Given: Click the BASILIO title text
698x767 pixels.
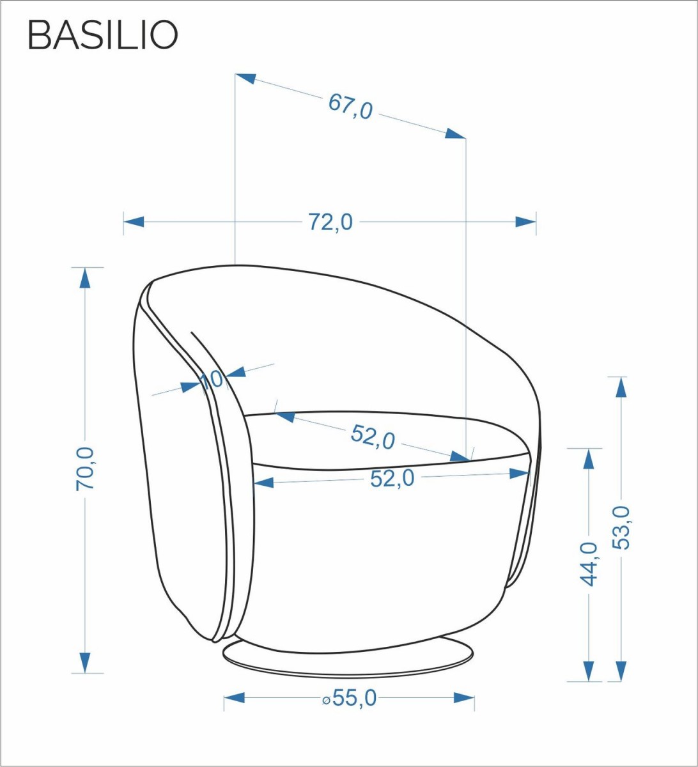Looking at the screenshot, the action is click(x=103, y=35).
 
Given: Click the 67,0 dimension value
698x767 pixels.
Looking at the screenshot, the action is click(x=350, y=107).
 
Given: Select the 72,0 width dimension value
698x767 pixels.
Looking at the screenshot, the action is click(x=330, y=222).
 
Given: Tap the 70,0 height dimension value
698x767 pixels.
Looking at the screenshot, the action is click(x=85, y=469).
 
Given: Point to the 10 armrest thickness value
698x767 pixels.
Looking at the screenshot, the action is click(x=211, y=380).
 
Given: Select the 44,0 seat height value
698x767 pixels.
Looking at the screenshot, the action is click(x=589, y=564).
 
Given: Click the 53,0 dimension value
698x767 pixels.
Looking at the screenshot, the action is click(x=622, y=528).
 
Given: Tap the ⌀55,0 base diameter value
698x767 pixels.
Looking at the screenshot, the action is click(x=349, y=698).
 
